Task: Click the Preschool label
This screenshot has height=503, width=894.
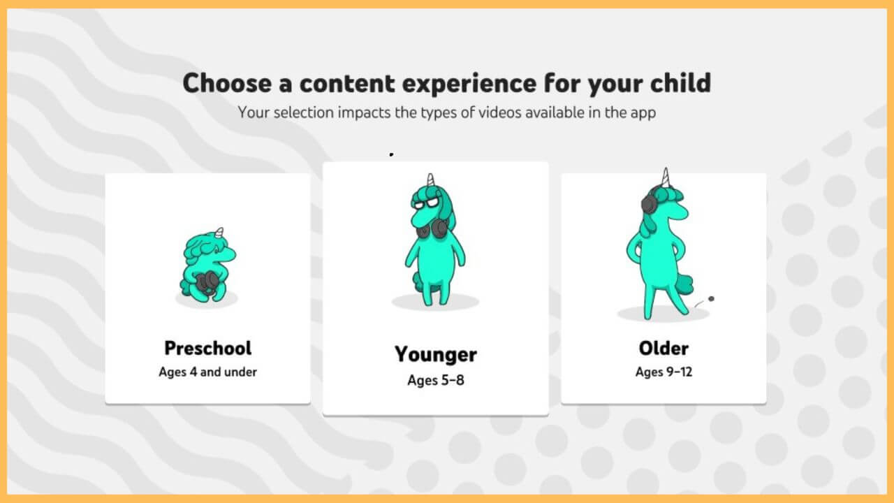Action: [x=207, y=348]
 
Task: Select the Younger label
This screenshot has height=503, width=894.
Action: [x=435, y=354]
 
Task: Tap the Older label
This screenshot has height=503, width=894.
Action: [x=664, y=348]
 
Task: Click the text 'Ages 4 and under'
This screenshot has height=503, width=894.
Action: [x=207, y=372]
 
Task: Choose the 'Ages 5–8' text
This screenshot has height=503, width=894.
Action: [x=435, y=381]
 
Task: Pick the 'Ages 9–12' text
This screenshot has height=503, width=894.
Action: [x=664, y=372]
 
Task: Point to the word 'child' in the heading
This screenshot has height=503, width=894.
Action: [x=676, y=83]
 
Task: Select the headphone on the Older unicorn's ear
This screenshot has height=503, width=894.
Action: [x=650, y=203]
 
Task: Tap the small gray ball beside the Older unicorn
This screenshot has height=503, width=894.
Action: [x=711, y=299]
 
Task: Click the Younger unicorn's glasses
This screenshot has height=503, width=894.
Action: [x=425, y=202]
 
